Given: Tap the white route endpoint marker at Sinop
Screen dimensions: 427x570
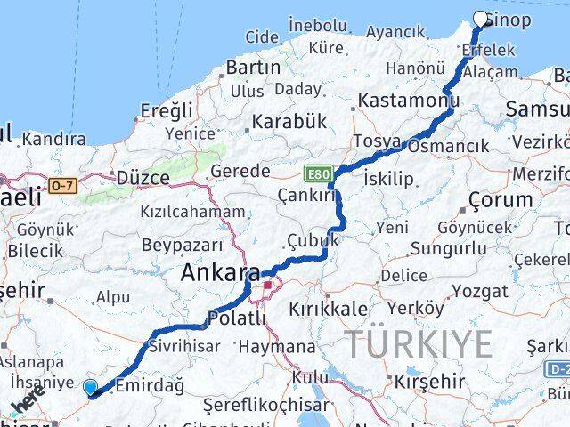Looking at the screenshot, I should pos(482,19).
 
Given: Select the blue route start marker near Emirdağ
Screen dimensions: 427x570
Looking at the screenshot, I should pos(90,386).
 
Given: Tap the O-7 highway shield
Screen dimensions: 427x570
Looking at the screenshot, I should pos(63,186).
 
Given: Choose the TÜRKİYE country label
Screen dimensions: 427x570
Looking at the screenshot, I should pos(418,342).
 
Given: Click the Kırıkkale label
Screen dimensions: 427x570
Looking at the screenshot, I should pos(328,310).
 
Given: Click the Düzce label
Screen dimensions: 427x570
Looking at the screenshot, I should pos(142,178).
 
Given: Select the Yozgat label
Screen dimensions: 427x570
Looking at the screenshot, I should pos(479,292).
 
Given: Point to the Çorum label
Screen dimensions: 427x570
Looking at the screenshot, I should pos(500,199).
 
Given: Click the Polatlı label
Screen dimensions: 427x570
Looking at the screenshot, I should pos(236,318).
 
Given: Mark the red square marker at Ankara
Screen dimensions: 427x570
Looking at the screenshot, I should pos(266,286).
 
